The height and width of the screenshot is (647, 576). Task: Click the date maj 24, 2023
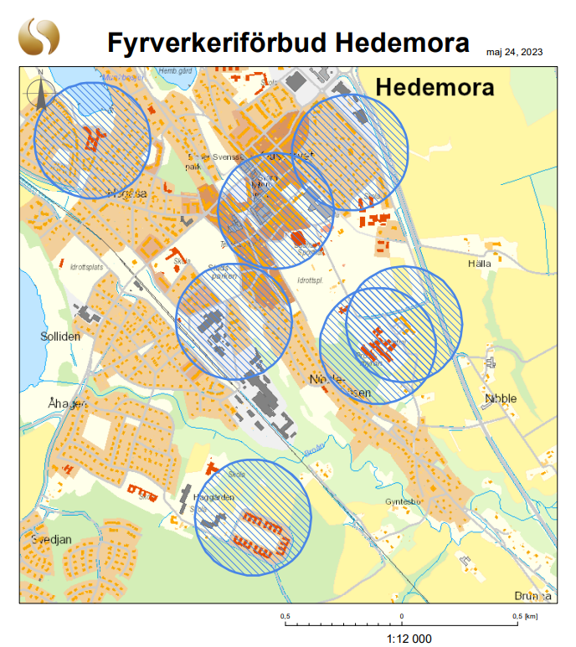click(x=514, y=52)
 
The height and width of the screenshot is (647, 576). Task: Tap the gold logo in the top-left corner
click(x=39, y=38)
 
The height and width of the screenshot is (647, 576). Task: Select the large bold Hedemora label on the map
click(x=435, y=87)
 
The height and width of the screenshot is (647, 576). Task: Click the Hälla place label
click(x=480, y=263)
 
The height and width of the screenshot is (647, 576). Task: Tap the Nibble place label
click(x=501, y=398)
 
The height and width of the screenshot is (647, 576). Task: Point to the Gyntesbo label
click(x=400, y=501)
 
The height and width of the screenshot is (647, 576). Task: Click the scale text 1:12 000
click(x=409, y=639)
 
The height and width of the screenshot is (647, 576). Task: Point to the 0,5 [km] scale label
click(x=525, y=616)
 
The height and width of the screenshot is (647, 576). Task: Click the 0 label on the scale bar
click(x=402, y=616)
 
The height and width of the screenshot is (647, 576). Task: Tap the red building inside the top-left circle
click(x=93, y=138)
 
